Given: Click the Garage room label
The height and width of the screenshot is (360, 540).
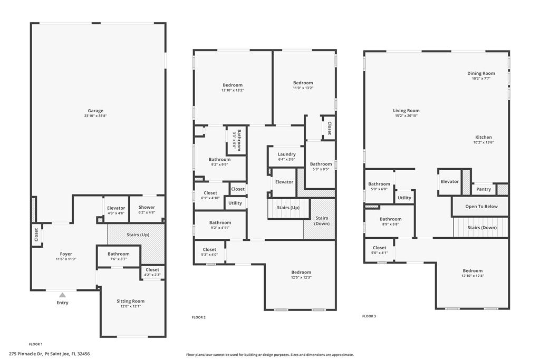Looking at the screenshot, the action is tap(95, 111).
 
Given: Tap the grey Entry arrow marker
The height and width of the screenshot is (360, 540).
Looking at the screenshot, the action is tap(62, 295).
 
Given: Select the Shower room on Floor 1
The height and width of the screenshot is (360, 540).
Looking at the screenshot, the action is tap(147, 209).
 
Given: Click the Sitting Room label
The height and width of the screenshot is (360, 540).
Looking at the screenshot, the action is tap(131, 301).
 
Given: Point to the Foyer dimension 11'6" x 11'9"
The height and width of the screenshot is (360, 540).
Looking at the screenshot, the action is tap(66, 259).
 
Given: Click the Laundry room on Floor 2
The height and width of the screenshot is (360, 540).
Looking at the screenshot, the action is tap(286, 157).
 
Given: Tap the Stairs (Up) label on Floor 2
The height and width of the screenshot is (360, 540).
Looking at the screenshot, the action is tap(288, 208).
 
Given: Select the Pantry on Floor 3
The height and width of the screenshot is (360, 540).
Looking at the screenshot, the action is tap(484, 189).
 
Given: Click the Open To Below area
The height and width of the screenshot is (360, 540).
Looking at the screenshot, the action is tap(481, 207).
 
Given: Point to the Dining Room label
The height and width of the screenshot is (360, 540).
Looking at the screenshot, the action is tap(481, 73).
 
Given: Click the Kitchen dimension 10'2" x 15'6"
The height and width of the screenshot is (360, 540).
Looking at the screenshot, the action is tap(484, 142).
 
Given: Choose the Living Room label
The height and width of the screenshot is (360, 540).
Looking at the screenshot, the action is tap(407, 111).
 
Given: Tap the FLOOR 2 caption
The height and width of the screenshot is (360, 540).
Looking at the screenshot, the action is tap(199, 317).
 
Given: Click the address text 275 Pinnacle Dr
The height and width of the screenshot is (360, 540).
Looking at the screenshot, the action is tap(26, 354).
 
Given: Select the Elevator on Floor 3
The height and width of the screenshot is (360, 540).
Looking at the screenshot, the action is tap(450, 182).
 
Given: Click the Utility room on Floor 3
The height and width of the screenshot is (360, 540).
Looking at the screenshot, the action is tap(404, 197).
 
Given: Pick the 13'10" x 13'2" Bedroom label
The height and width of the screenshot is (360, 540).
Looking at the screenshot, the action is tap(233, 87).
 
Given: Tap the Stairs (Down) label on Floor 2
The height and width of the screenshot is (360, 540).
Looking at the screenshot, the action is tap(322, 221).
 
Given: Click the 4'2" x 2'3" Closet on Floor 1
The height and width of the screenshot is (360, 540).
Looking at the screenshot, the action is tap(152, 272).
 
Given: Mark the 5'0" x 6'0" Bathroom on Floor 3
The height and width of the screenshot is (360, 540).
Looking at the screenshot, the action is tap(379, 186).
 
